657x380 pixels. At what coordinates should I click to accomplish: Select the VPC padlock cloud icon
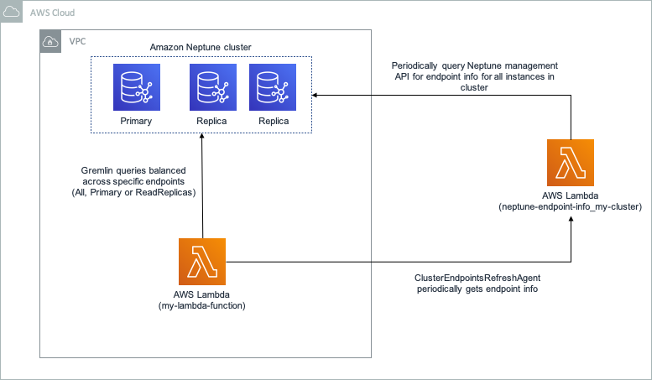click(50, 41)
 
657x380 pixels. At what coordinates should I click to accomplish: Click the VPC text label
click(76, 41)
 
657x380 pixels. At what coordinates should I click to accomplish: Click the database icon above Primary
click(136, 86)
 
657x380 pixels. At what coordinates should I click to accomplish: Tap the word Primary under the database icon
click(136, 121)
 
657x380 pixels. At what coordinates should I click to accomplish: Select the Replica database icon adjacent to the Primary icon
click(212, 86)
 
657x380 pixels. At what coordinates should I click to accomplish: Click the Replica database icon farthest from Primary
click(274, 86)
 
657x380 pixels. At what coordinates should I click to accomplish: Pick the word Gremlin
click(89, 170)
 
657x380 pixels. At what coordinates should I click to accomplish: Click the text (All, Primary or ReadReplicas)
click(133, 192)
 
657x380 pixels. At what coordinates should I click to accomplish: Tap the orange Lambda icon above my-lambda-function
click(202, 261)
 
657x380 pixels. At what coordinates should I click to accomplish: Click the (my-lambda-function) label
click(202, 306)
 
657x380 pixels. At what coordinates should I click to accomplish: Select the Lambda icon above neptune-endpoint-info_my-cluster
click(570, 162)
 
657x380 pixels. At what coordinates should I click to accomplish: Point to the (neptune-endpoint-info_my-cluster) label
click(570, 206)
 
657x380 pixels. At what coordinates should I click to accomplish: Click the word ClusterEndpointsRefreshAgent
click(476, 278)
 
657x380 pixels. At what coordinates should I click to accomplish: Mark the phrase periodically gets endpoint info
click(477, 289)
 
